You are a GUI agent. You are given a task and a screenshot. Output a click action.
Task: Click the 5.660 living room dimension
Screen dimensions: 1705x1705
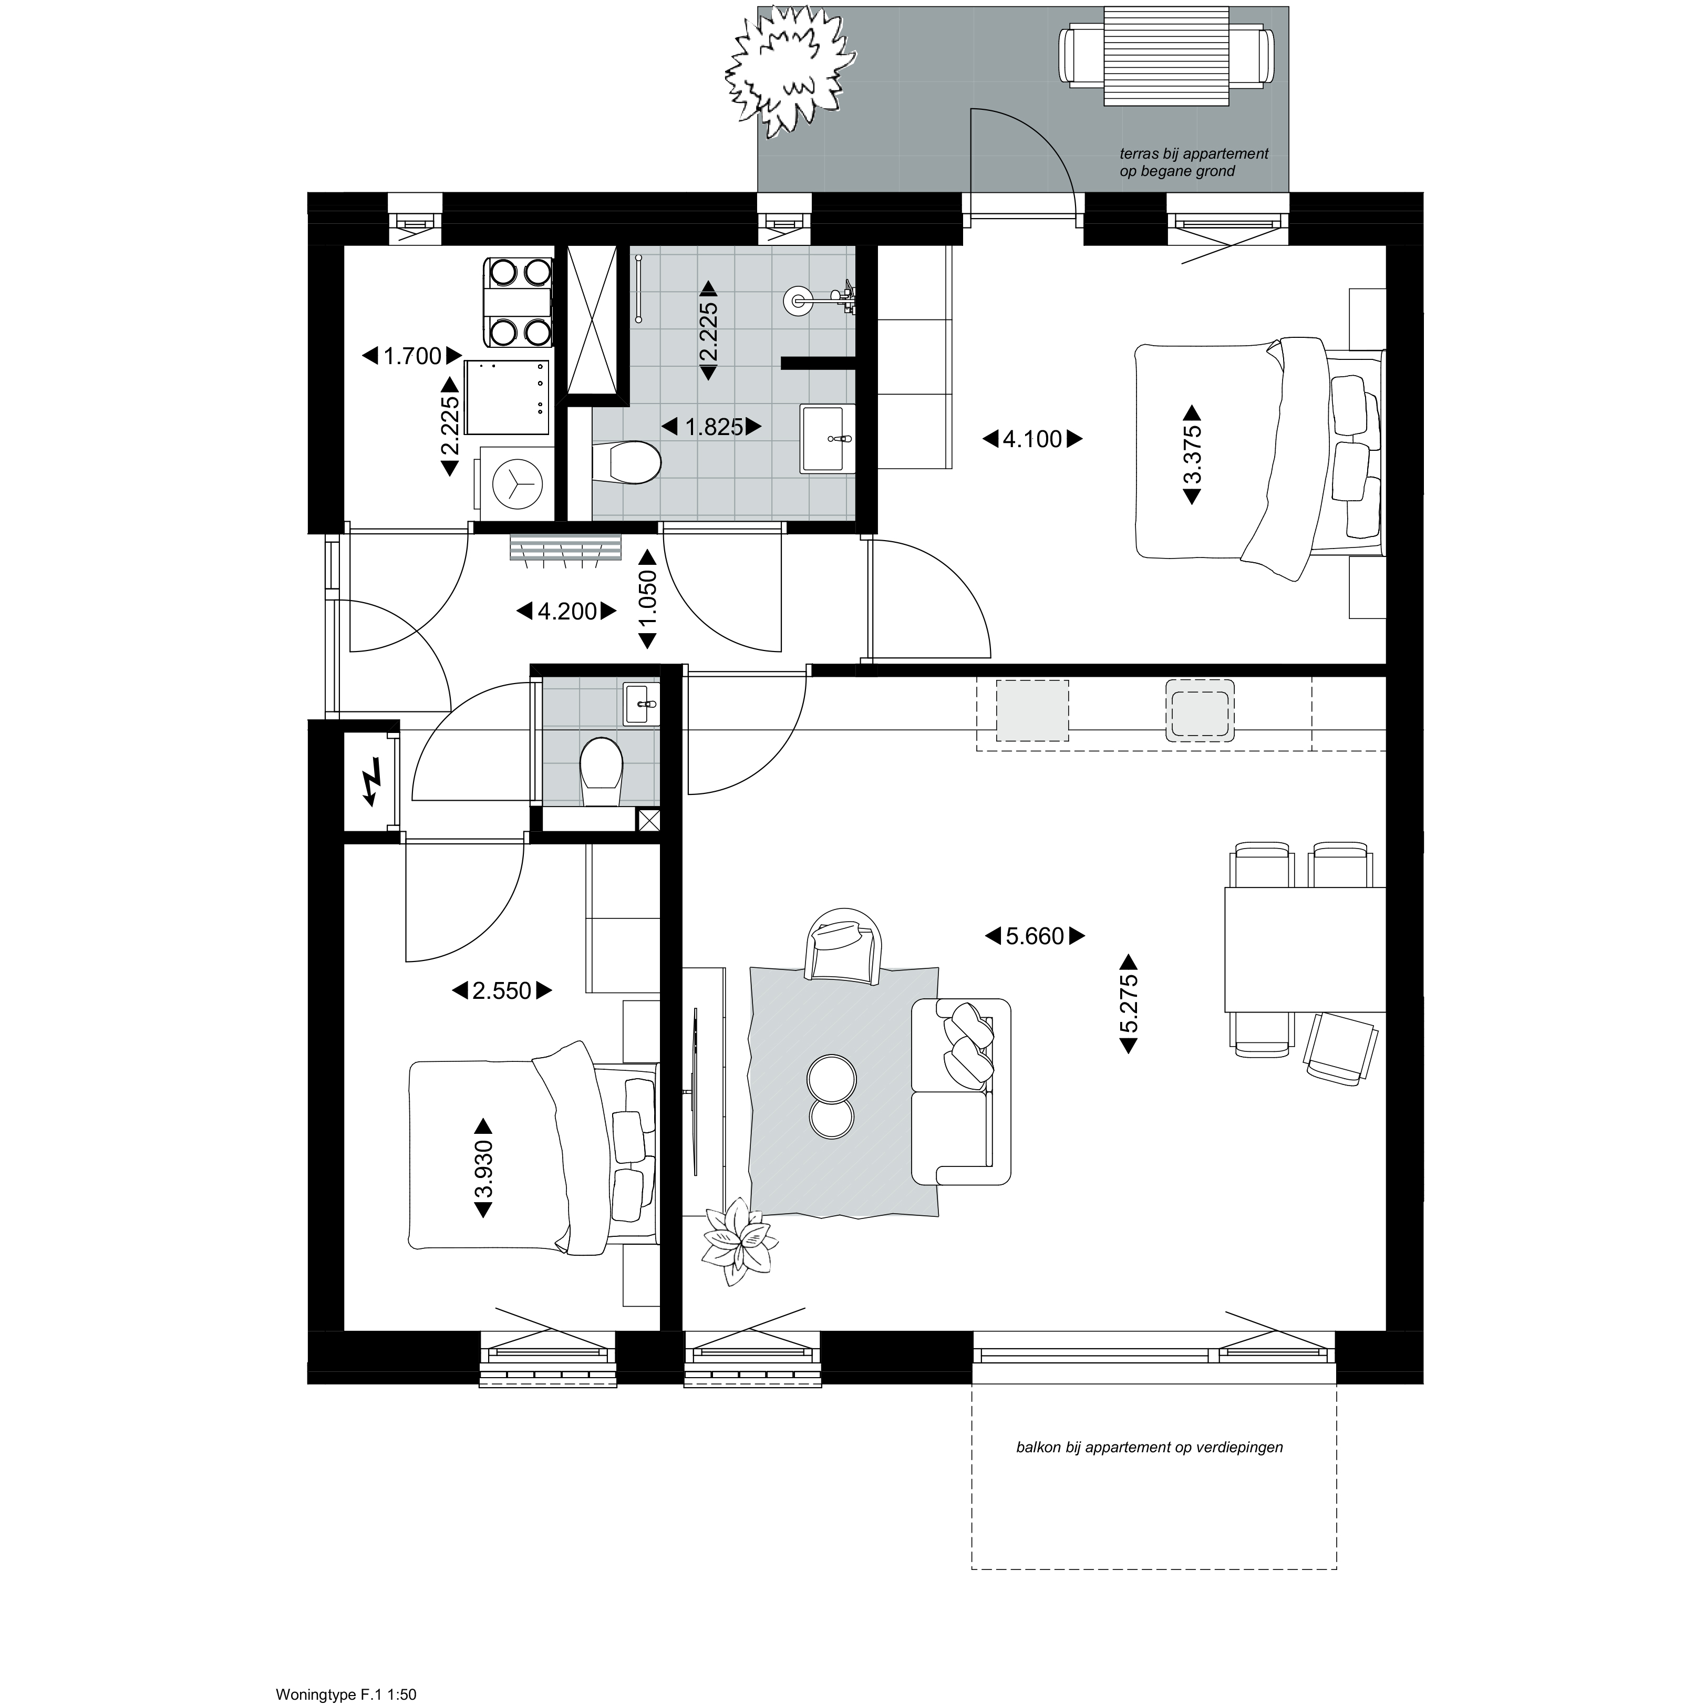tap(1034, 936)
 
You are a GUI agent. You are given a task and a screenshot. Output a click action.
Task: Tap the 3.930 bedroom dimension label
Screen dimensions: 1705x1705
tap(483, 1169)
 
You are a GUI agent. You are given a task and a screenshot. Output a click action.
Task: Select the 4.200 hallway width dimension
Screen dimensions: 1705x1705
tap(566, 611)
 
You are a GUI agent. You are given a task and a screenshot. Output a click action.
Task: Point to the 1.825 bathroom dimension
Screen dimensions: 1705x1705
tap(711, 427)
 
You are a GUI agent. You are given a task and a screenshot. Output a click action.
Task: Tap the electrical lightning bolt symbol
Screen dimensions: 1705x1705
tap(371, 781)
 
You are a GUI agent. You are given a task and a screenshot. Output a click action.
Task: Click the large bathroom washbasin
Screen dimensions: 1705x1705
tap(828, 439)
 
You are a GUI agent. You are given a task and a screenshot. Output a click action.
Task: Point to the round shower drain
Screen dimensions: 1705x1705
tap(798, 299)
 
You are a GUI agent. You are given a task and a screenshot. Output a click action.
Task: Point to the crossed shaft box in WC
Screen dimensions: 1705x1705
tap(649, 820)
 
